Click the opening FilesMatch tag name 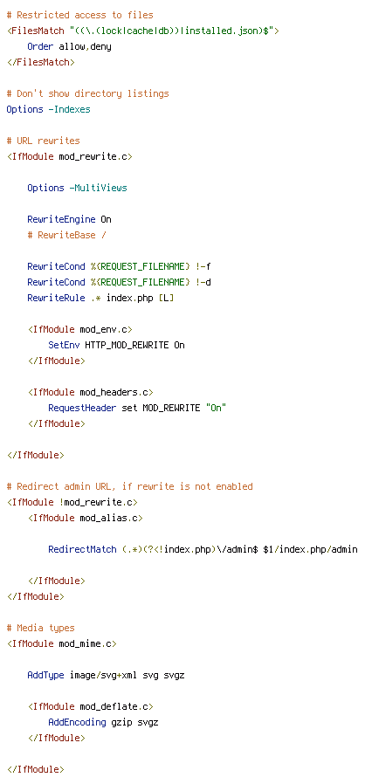pyautogui.click(x=38, y=31)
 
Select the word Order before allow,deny pyautogui.click(x=40, y=46)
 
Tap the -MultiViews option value pyautogui.click(x=99, y=188)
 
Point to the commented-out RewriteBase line pyautogui.click(x=67, y=235)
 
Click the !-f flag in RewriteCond pyautogui.click(x=203, y=266)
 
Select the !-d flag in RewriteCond pyautogui.click(x=203, y=283)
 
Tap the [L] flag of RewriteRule pyautogui.click(x=167, y=298)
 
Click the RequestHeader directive pyautogui.click(x=82, y=408)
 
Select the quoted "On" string pyautogui.click(x=216, y=408)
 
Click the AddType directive pyautogui.click(x=46, y=675)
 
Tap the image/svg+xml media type pyautogui.click(x=104, y=676)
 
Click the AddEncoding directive pyautogui.click(x=78, y=723)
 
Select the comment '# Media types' pyautogui.click(x=40, y=628)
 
